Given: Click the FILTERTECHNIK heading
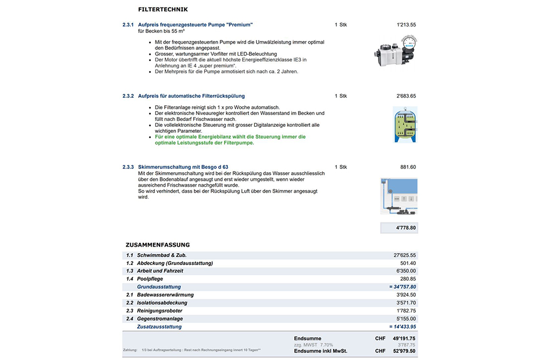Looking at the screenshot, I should pyautogui.click(x=163, y=9).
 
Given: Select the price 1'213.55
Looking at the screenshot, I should pyautogui.click(x=406, y=25).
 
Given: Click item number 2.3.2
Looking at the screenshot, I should pyautogui.click(x=128, y=96).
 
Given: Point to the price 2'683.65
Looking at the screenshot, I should pyautogui.click(x=406, y=96).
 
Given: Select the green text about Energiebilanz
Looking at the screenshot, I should pyautogui.click(x=230, y=140).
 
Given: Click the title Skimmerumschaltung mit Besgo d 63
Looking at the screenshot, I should pyautogui.click(x=183, y=167).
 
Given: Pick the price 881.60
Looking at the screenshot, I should pyautogui.click(x=408, y=167).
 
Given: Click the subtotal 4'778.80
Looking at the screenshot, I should pyautogui.click(x=406, y=228).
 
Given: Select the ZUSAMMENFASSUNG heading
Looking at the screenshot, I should pyautogui.click(x=158, y=244).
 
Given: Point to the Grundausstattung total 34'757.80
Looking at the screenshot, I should pyautogui.click(x=403, y=287).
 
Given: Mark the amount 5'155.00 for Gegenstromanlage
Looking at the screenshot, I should pyautogui.click(x=406, y=318).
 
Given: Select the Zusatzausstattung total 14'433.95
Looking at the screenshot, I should pyautogui.click(x=403, y=327).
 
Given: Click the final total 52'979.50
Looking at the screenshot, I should pyautogui.click(x=404, y=351).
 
